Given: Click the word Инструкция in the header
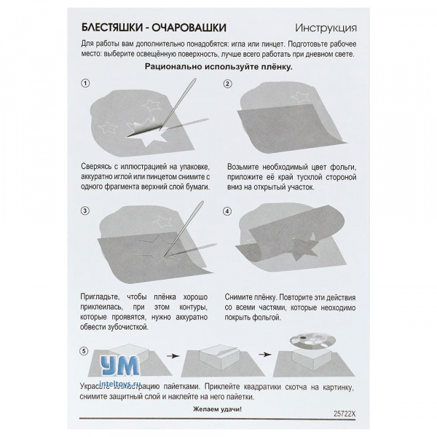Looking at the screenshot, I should click(326, 29).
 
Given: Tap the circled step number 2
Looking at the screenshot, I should click(228, 84).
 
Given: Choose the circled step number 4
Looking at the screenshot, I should click(228, 211).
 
